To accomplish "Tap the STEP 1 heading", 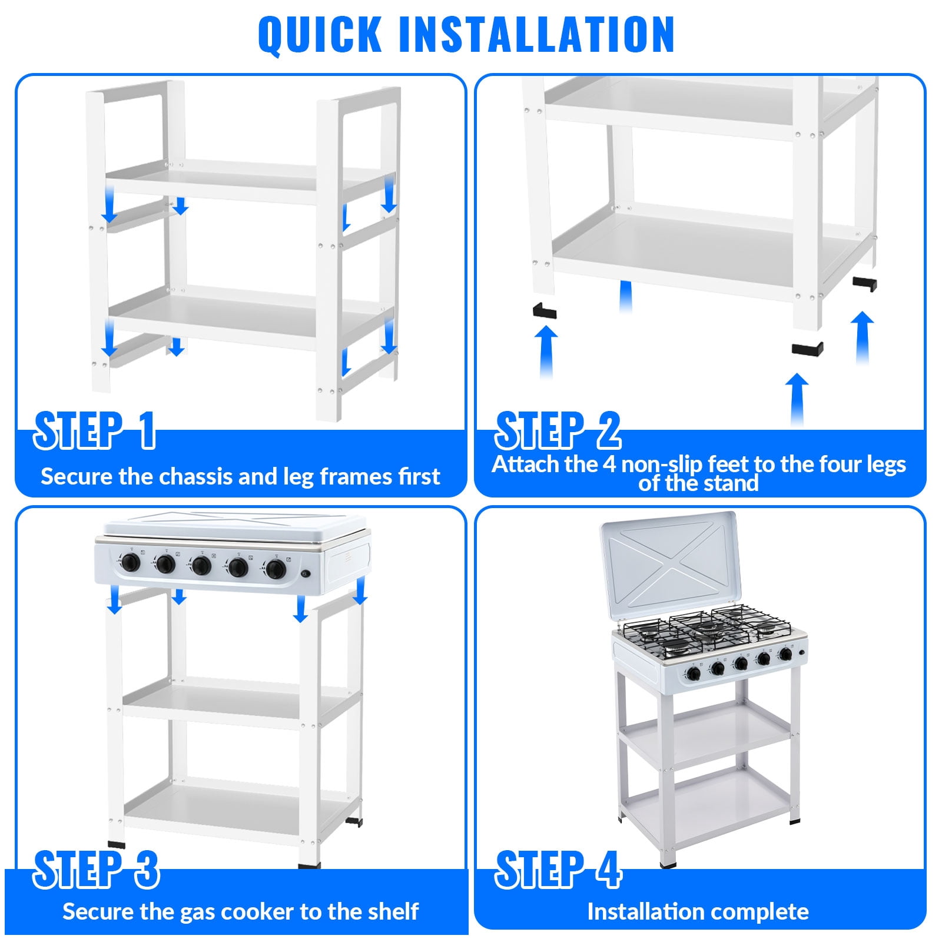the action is coord(95,430).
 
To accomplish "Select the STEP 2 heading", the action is coord(558,430).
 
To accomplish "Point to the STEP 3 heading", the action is coord(96,869).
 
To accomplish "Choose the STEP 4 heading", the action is coord(558,869).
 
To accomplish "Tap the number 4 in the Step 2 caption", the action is coord(609,465).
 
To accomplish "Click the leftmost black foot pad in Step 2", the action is coord(544,310).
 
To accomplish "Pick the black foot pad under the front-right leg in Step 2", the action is coord(807,348).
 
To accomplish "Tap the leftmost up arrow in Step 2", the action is coord(546,352).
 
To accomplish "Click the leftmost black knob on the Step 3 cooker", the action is coord(130,563).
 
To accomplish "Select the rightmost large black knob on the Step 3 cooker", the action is coord(274,569).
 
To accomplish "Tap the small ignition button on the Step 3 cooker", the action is coord(306,574).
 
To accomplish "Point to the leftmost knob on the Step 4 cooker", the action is coord(694,673).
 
